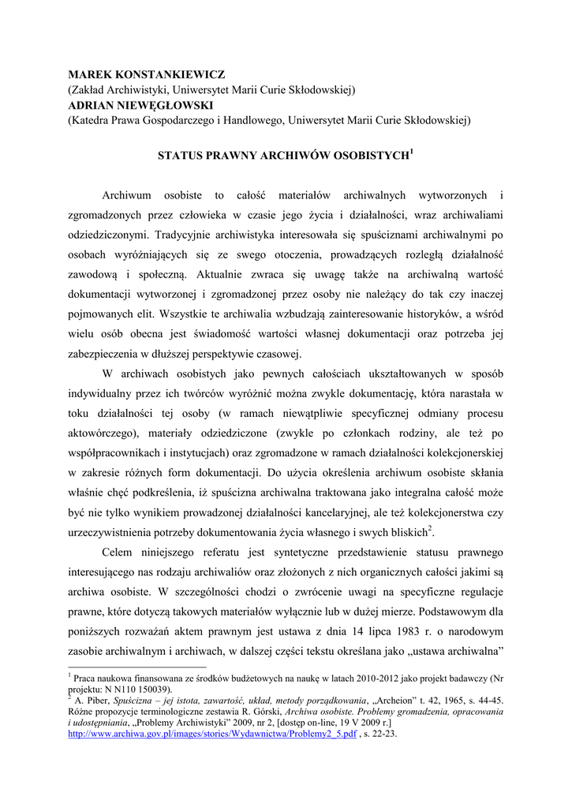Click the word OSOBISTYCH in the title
pyautogui.click(x=370, y=156)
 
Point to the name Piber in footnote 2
pyautogui.click(x=97, y=700)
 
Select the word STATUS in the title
pyautogui.click(x=181, y=156)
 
